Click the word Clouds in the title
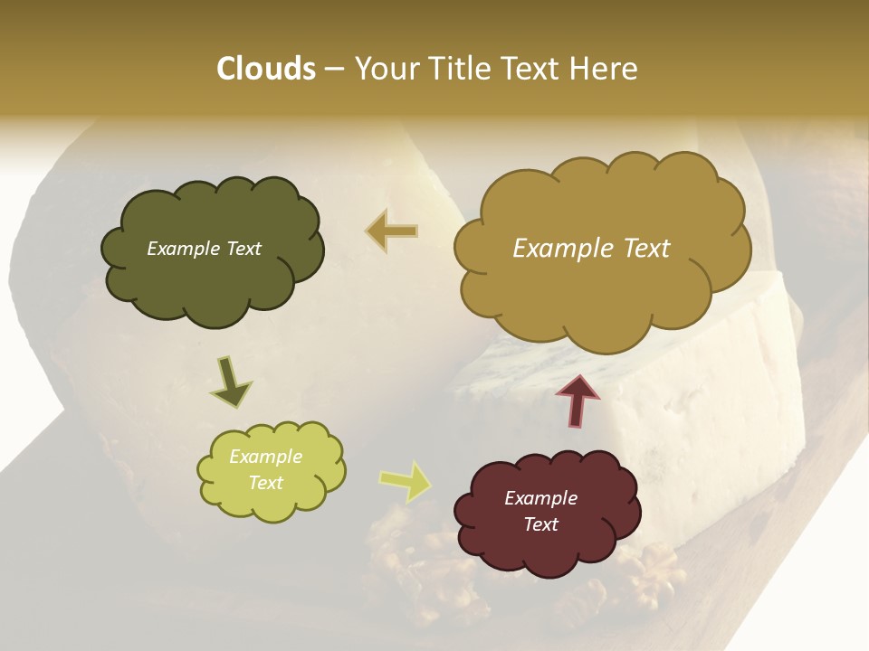pos(265,69)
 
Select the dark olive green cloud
pos(213,250)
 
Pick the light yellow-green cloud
pos(271,471)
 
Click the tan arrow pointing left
pos(392,231)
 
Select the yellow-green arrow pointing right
pos(405,481)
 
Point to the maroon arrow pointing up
pos(577,401)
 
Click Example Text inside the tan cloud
pos(591,249)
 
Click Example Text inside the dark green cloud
pos(204,249)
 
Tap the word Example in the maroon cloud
pos(540,498)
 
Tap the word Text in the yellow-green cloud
pos(265,483)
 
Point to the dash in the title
pos(334,70)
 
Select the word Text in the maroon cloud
pos(540,524)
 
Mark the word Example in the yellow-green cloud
pos(265,457)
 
